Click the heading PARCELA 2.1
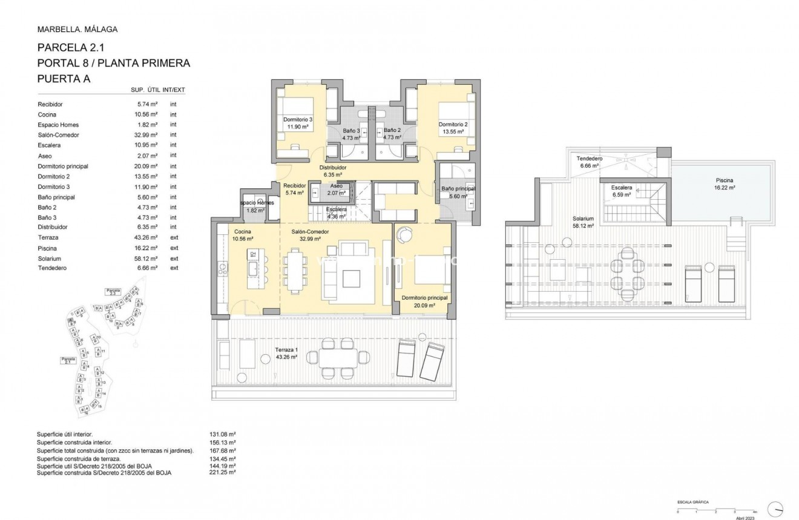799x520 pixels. pyautogui.click(x=71, y=48)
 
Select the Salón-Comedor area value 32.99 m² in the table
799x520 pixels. pyautogui.click(x=147, y=135)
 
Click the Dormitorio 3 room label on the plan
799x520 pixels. pyautogui.click(x=298, y=120)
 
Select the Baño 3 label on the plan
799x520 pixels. pyautogui.click(x=351, y=131)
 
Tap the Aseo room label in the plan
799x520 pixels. pyautogui.click(x=337, y=186)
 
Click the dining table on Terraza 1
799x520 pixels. pyautogui.click(x=339, y=359)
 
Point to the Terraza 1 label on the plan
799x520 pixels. pyautogui.click(x=286, y=350)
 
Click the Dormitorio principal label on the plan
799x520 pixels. pyautogui.click(x=424, y=298)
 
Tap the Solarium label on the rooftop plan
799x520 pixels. pyautogui.click(x=584, y=218)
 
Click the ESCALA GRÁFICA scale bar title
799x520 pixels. pyautogui.click(x=692, y=502)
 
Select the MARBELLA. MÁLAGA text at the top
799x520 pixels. pyautogui.click(x=77, y=29)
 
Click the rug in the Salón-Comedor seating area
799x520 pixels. pyautogui.click(x=352, y=277)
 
